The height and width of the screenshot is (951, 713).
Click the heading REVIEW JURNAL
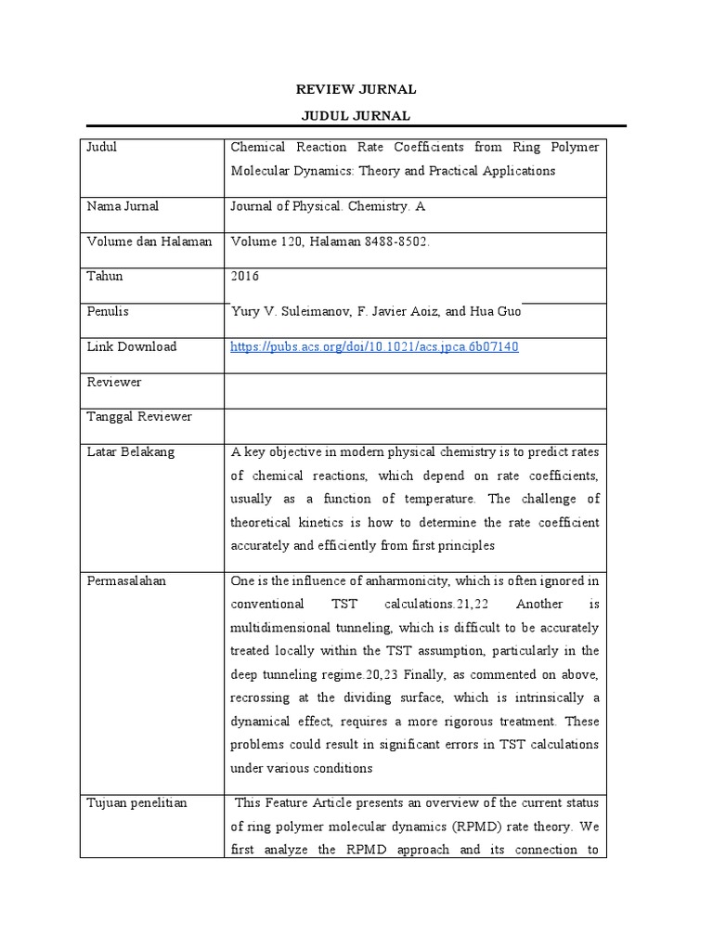tap(356, 90)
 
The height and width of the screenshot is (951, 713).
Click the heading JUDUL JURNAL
tap(356, 115)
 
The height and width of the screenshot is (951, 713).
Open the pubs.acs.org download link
tap(373, 347)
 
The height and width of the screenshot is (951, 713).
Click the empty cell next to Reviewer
tap(414, 383)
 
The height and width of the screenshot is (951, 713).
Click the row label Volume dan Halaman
tap(149, 241)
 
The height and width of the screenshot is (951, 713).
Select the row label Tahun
tap(104, 277)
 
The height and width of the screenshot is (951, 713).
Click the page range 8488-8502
tap(394, 241)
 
